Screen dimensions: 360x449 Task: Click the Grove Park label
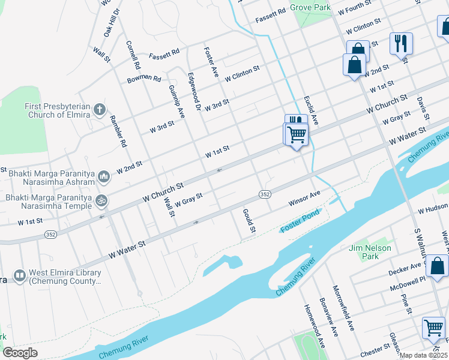pos(310,7)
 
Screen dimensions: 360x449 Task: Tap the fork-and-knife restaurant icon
pos(400,43)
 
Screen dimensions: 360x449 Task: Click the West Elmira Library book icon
pos(20,277)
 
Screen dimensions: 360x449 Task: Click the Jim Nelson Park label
pos(370,252)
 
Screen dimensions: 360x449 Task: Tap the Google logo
pos(20,353)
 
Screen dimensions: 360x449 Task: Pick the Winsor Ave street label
pos(305,197)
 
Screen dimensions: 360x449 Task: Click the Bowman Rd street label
pos(144,79)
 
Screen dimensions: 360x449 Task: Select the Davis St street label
pos(424,107)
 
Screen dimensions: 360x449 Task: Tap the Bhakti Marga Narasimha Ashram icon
pos(103,176)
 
